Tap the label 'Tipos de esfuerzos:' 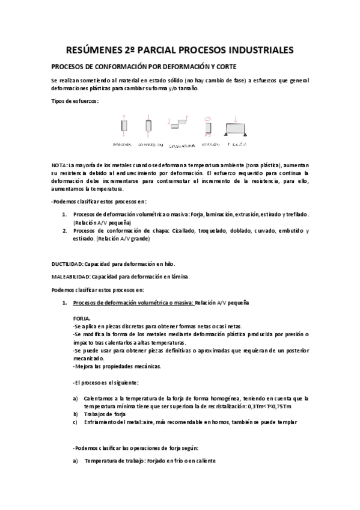75,100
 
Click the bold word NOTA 59,165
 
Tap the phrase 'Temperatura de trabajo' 114,461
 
